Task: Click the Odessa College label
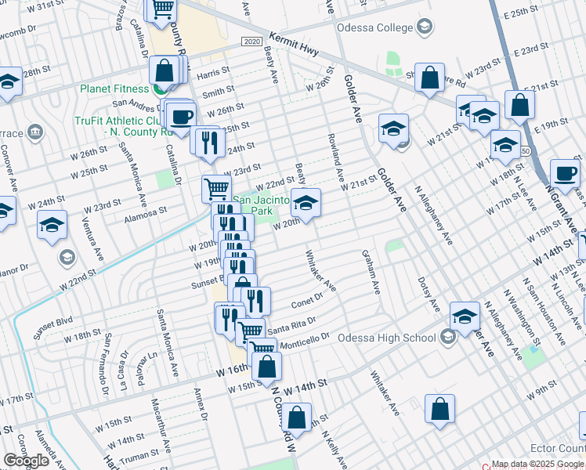tap(374, 28)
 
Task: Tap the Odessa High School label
tap(386, 338)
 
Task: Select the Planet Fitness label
tap(114, 88)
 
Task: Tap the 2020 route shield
tap(251, 41)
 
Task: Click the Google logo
tap(26, 460)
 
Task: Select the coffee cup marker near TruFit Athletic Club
tap(182, 117)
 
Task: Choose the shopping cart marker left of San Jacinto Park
tap(216, 188)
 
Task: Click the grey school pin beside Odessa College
tap(424, 28)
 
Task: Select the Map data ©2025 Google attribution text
tap(537, 464)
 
